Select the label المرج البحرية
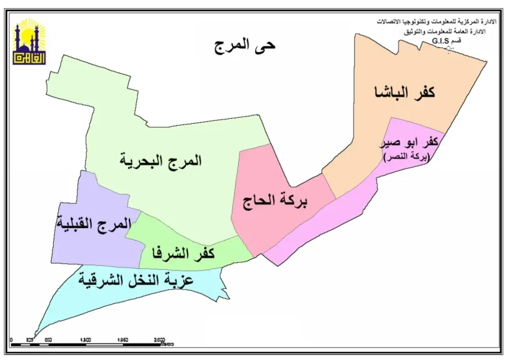pyautogui.click(x=161, y=160)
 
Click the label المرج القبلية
pyautogui.click(x=94, y=223)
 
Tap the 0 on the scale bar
pyautogui.click(x=12, y=340)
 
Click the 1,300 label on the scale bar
pyautogui.click(x=86, y=340)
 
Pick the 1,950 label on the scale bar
pyautogui.click(x=123, y=340)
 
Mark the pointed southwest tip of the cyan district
pyautogui.click(x=36, y=334)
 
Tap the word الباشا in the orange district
pyautogui.click(x=390, y=92)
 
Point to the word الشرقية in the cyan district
pyautogui.click(x=102, y=279)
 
